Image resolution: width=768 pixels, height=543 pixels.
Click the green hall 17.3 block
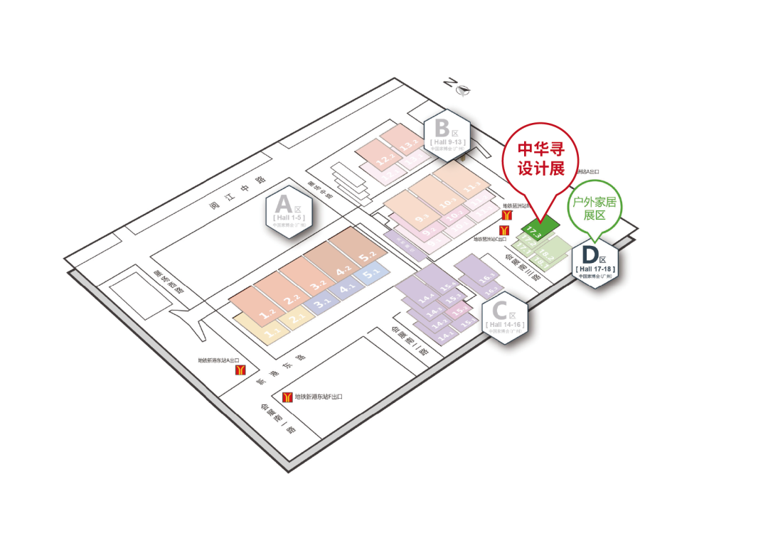click(535, 230)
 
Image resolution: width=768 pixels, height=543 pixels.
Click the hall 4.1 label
click(347, 289)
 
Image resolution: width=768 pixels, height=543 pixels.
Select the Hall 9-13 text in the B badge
click(447, 142)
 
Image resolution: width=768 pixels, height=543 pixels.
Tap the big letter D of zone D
click(590, 254)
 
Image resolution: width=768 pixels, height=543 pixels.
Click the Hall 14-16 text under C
click(506, 324)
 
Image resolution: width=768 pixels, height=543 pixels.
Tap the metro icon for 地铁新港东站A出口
click(242, 371)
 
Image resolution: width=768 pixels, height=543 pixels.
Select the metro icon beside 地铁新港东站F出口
click(288, 397)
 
